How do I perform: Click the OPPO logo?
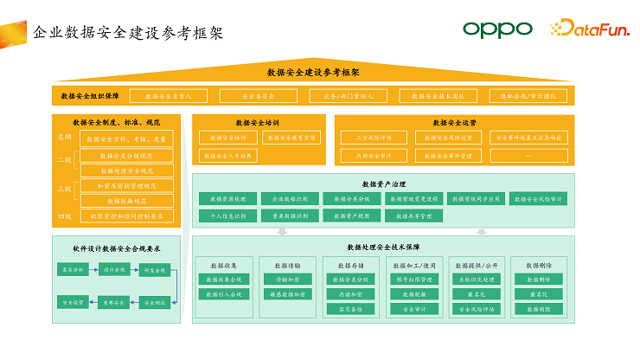496,29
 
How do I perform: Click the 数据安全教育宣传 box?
292,137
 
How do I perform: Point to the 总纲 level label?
65,137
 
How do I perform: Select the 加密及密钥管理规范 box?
127,185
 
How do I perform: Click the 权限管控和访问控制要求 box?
127,215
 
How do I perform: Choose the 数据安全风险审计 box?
538,198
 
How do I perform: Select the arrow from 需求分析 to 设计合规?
93,270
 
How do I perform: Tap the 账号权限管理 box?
413,280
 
